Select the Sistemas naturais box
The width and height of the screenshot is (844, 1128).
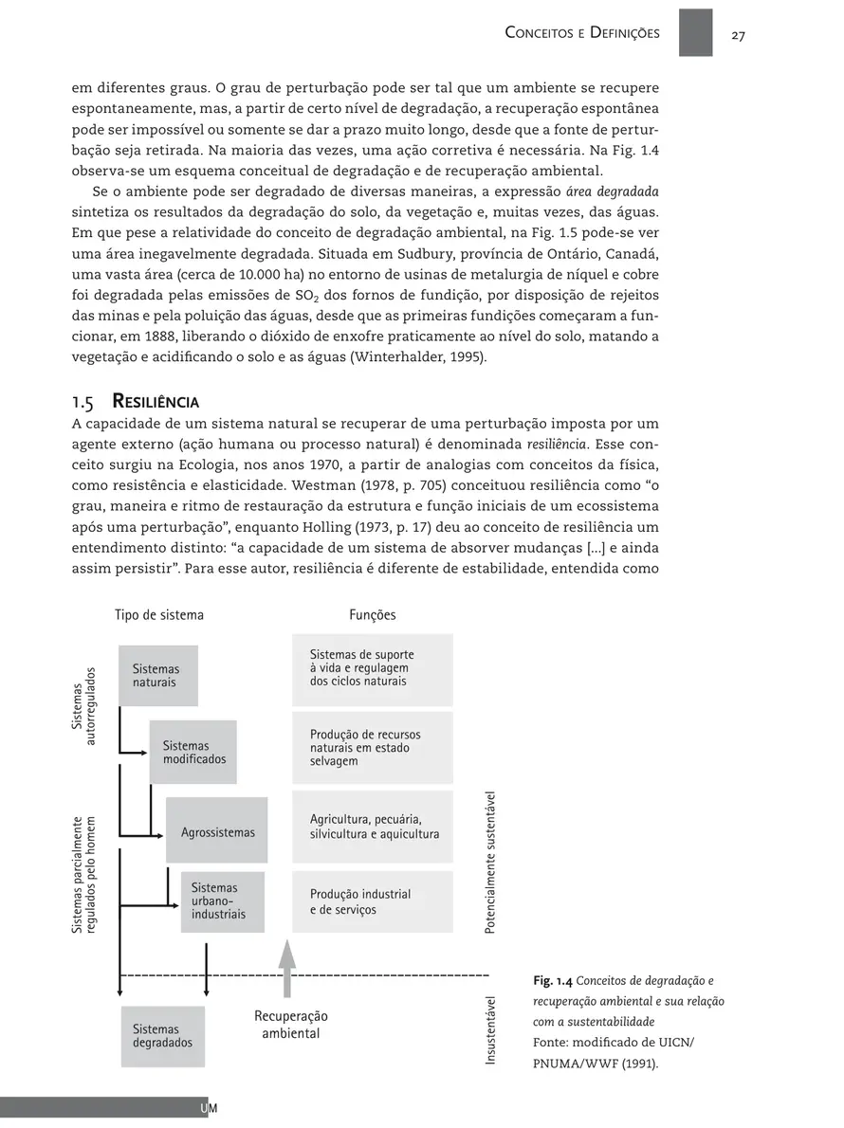click(157, 676)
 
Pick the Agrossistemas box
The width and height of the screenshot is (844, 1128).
click(217, 831)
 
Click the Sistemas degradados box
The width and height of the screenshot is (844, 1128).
click(162, 1036)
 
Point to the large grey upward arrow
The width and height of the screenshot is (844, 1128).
click(287, 966)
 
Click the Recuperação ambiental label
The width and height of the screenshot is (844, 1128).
click(290, 1025)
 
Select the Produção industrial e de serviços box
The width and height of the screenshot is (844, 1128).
click(373, 901)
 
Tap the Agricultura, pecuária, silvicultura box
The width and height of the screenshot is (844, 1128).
click(373, 827)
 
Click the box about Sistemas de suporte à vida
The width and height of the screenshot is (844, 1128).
click(373, 668)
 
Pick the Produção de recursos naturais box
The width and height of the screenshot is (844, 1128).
click(373, 748)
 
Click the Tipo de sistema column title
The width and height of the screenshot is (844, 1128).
click(159, 614)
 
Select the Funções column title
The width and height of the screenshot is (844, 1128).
click(373, 614)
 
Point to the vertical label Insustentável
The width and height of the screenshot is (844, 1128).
click(490, 1028)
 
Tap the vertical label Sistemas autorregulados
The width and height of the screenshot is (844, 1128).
click(84, 706)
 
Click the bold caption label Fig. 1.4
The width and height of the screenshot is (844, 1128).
click(553, 980)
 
